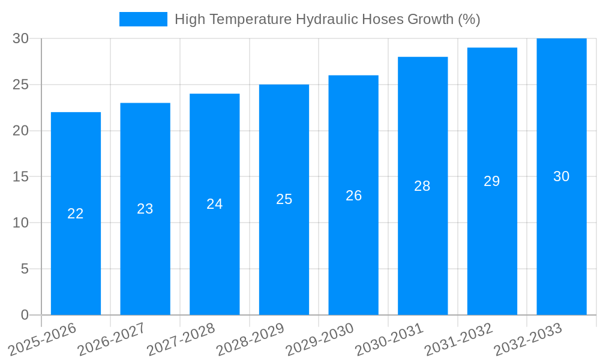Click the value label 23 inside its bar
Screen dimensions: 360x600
[145, 209]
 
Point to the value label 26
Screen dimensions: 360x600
[353, 196]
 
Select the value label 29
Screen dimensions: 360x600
[492, 181]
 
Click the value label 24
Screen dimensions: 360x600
[215, 204]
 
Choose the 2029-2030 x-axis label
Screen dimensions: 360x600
[320, 340]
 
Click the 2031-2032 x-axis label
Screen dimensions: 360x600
[458, 340]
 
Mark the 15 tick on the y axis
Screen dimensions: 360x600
[21, 177]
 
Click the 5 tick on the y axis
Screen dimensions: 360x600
[25, 269]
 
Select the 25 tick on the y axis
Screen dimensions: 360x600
[21, 85]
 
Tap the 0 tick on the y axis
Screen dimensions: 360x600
[25, 315]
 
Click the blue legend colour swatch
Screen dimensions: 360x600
[143, 19]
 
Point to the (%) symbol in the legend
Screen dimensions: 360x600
[469, 19]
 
